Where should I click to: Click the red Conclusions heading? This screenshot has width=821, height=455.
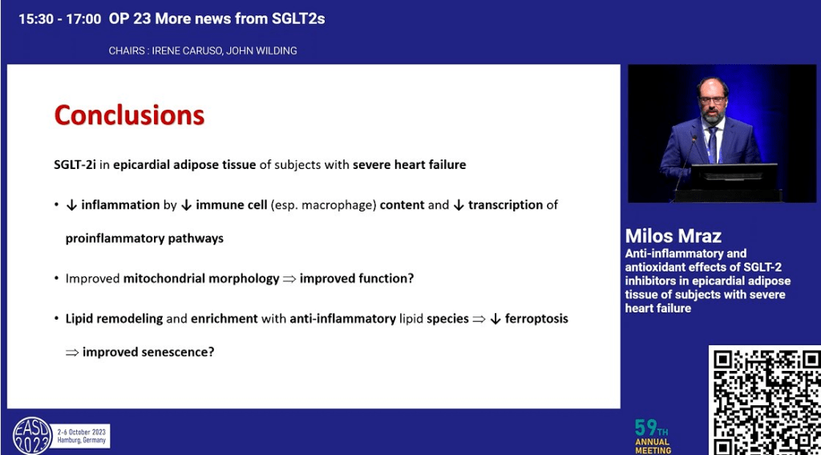[129, 115]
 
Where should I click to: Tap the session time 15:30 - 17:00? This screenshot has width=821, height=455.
[59, 19]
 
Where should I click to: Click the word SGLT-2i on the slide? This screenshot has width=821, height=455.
[75, 165]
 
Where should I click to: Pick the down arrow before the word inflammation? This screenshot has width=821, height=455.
[71, 206]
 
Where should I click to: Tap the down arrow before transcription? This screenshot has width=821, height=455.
[459, 206]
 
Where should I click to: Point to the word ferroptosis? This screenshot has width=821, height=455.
[536, 319]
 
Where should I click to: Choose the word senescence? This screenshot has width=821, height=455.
[177, 352]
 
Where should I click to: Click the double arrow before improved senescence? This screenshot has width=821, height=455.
[72, 352]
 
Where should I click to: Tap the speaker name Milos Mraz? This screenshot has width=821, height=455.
[673, 236]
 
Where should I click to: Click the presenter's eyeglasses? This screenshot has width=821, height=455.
[712, 99]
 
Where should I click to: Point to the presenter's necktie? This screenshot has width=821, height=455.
[712, 144]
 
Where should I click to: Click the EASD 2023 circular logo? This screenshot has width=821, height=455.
[32, 436]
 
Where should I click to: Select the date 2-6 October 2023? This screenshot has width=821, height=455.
[81, 432]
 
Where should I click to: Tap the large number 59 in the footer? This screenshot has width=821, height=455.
[645, 428]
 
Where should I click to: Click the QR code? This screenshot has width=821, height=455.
[765, 400]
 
